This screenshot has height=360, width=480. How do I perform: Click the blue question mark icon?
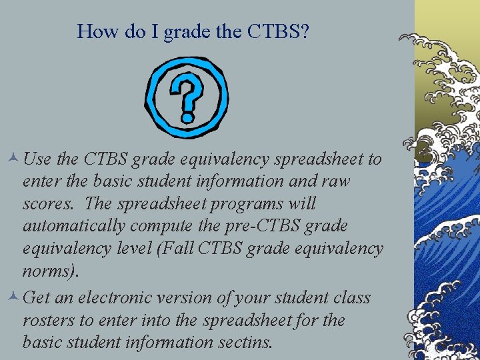pos(187,97)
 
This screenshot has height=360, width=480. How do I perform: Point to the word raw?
pos(337,181)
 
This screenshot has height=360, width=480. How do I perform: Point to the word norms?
pos(50,271)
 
